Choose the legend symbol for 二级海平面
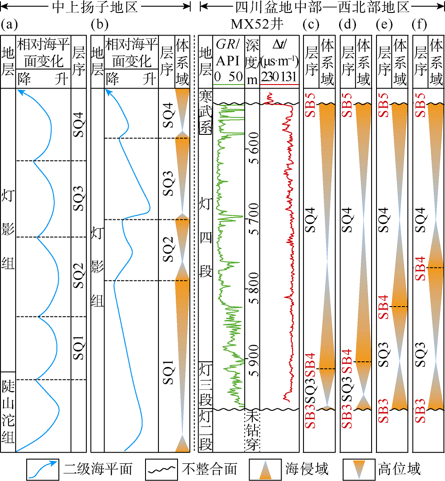42,468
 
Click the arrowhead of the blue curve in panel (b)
107,92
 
